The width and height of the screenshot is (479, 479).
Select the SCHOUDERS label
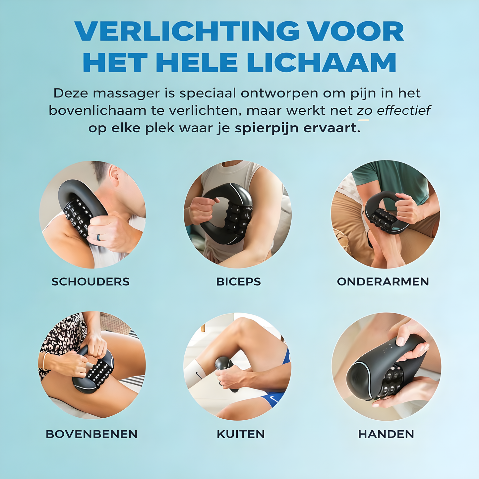coord(90,282)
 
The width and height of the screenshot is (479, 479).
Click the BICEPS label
coord(239,282)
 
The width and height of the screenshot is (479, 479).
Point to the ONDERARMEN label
coord(383,282)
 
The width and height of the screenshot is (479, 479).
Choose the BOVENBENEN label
coord(91,434)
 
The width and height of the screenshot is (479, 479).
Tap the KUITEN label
coord(241,434)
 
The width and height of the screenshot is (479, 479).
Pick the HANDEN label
coord(386,434)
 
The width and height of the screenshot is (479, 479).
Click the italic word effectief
coord(404,110)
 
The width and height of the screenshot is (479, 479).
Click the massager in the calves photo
coord(225,372)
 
